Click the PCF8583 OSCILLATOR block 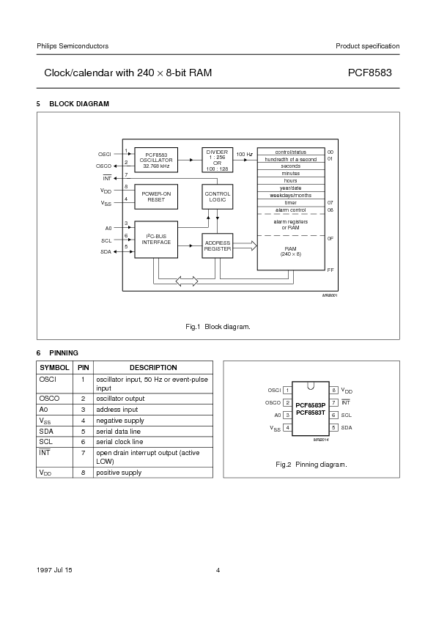pos(156,160)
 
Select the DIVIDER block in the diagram pos(217,160)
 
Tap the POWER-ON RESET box pos(156,196)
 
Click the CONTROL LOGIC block pos(217,196)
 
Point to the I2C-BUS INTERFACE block pos(156,240)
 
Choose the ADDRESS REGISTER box pos(217,245)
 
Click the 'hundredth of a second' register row pos(290,159)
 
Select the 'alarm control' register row pos(290,210)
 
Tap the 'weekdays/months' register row pos(290,195)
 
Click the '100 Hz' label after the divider pos(244,155)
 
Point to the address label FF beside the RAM pos(330,270)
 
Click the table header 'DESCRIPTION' pos(153,368)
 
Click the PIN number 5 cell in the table pos(84,432)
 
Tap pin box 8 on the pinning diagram pos(333,391)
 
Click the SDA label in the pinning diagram pos(347,427)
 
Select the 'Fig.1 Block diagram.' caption pos(218,326)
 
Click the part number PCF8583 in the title pos(374,73)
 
